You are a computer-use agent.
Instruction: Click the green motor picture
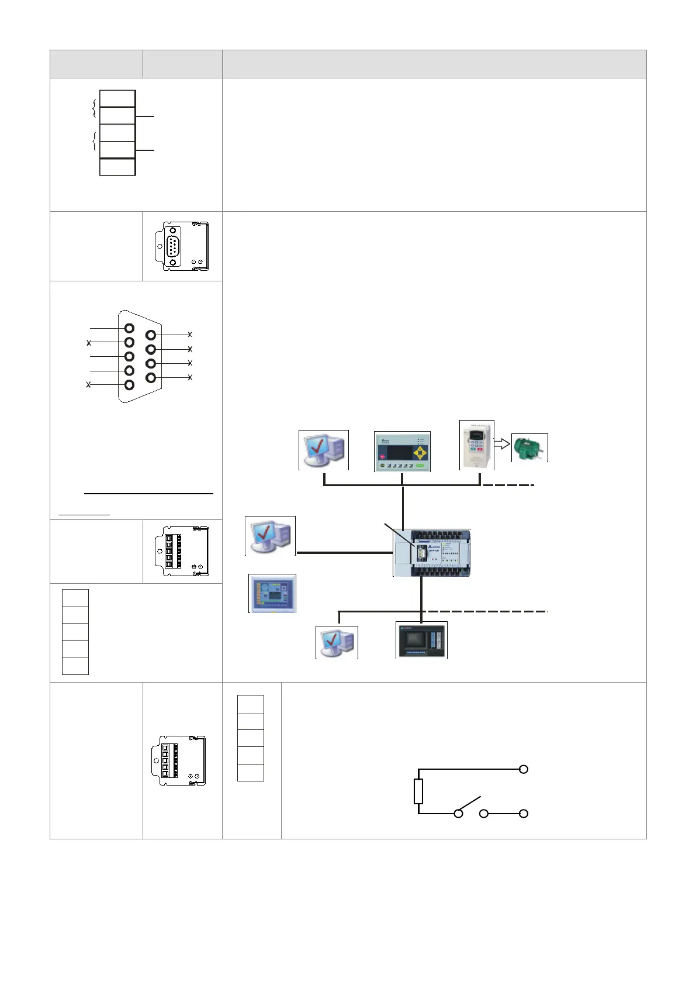[x=529, y=448]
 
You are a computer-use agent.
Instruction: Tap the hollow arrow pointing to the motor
[x=502, y=445]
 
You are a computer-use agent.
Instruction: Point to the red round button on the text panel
[x=382, y=456]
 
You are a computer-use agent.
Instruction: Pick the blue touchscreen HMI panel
[x=272, y=593]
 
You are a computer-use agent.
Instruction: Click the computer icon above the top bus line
[x=323, y=450]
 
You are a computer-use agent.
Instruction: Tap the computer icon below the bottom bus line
[x=337, y=643]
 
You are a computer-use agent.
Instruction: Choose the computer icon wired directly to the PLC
[x=269, y=536]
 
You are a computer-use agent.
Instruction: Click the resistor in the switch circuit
[x=418, y=791]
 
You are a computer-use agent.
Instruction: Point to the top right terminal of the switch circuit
[x=524, y=769]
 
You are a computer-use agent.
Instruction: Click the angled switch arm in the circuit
[x=470, y=804]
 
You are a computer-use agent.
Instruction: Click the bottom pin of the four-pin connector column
[x=151, y=378]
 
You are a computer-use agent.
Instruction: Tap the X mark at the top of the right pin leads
[x=190, y=335]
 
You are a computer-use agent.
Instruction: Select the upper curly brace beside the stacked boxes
[x=94, y=108]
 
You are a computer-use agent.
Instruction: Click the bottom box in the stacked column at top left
[x=117, y=167]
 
